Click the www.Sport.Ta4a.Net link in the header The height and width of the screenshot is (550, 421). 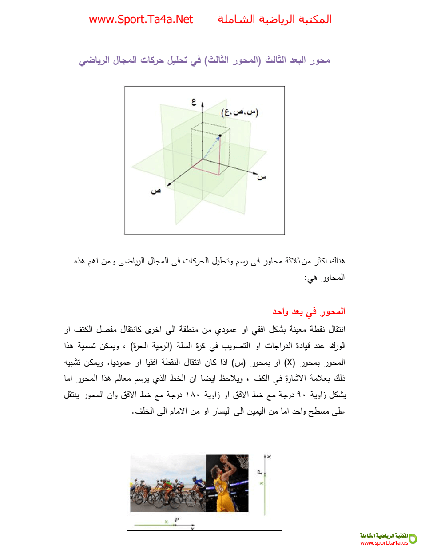(141, 20)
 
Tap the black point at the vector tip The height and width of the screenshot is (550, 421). (220, 136)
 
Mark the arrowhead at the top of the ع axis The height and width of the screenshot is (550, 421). (202, 105)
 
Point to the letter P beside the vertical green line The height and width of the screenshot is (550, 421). (260, 474)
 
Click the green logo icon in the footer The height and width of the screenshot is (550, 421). (413, 538)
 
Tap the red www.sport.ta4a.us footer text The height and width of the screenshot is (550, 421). (384, 543)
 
